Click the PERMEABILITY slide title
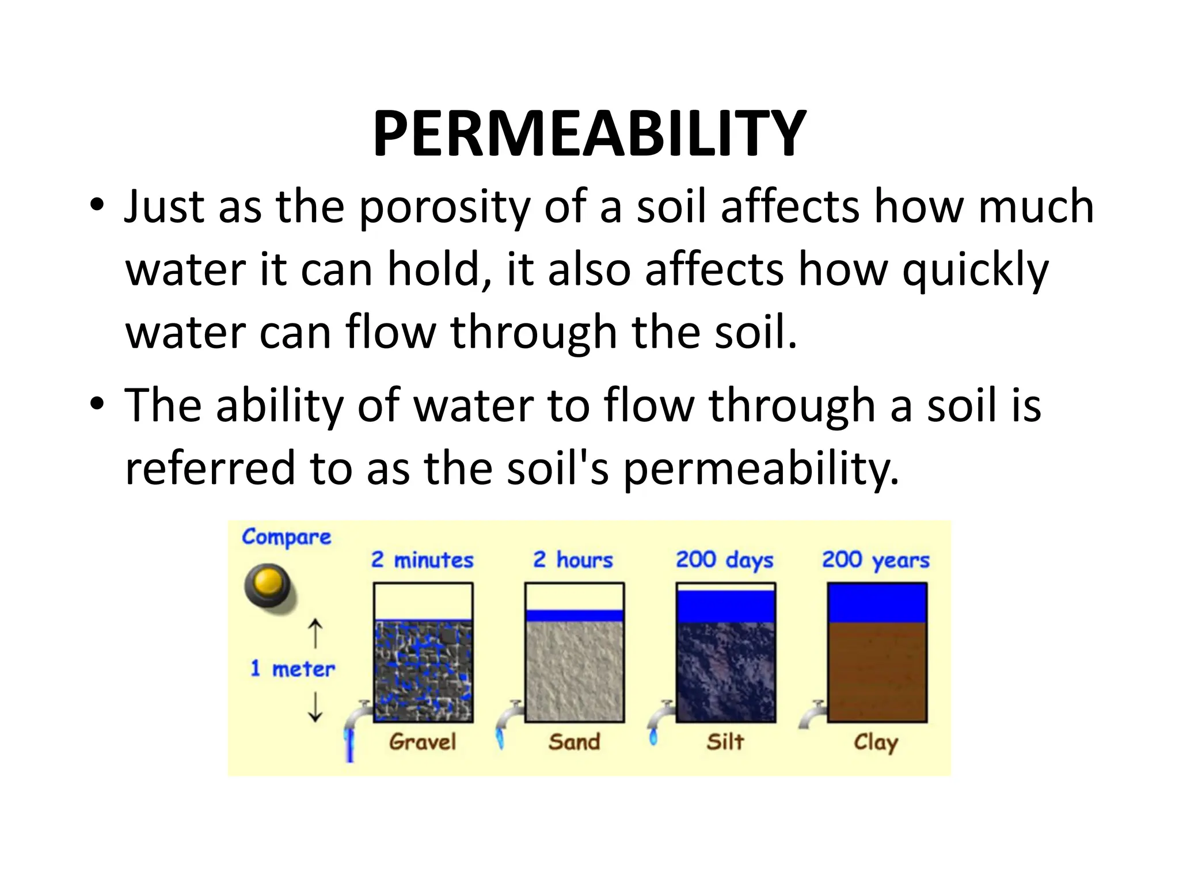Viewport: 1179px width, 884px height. (589, 134)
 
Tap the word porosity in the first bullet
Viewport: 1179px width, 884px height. (444, 207)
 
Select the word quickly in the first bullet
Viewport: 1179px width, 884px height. (975, 270)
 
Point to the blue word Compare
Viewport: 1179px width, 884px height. (286, 537)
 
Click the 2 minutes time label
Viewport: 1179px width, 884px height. (422, 560)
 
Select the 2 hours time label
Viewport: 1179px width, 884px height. (573, 560)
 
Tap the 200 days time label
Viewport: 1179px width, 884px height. (724, 560)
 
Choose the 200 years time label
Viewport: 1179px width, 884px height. (875, 560)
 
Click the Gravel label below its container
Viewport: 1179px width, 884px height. (422, 741)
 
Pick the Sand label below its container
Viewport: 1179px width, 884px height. (574, 741)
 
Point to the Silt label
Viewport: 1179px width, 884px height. (725, 741)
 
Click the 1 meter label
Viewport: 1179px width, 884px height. (292, 669)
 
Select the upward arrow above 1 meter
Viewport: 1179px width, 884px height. (315, 633)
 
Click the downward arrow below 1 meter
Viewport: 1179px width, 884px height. (315, 707)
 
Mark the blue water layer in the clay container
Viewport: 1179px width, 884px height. (877, 603)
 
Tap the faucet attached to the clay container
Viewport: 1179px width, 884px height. (812, 714)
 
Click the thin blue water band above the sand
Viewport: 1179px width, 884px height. (574, 615)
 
